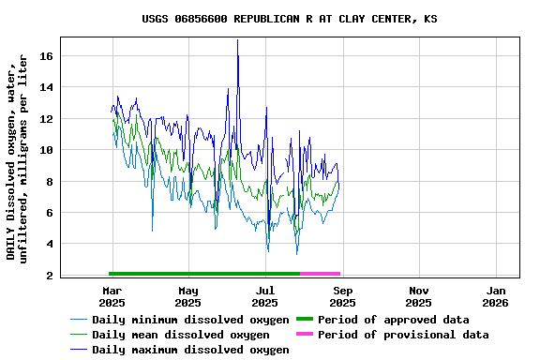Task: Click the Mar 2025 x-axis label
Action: [112, 296]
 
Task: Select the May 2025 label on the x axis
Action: [188, 296]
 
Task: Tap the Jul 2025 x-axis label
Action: [265, 296]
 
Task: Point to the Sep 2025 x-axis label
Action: [342, 296]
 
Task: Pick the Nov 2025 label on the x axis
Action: [419, 296]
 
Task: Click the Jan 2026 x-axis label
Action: [496, 296]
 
